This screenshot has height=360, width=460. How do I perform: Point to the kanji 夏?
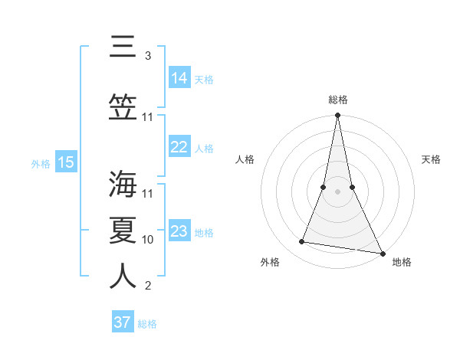123,231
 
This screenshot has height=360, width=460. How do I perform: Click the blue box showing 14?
179,78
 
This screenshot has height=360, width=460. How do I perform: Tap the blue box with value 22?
179,148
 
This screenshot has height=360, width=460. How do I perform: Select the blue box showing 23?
179,231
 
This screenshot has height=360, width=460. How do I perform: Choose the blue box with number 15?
65,162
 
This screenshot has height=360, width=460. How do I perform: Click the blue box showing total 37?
123,322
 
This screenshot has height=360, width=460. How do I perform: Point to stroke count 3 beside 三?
147,56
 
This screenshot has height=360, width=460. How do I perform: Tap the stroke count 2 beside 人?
147,286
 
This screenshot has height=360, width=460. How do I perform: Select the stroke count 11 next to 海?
148,193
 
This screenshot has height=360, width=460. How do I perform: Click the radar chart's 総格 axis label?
337,100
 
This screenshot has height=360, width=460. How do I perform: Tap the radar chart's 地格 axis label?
402,263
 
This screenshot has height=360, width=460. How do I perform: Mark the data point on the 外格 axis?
302,242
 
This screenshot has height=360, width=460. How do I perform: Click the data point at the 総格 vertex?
337,116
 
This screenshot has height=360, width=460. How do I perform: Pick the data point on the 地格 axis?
382,254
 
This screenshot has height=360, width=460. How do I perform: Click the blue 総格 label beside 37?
147,324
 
